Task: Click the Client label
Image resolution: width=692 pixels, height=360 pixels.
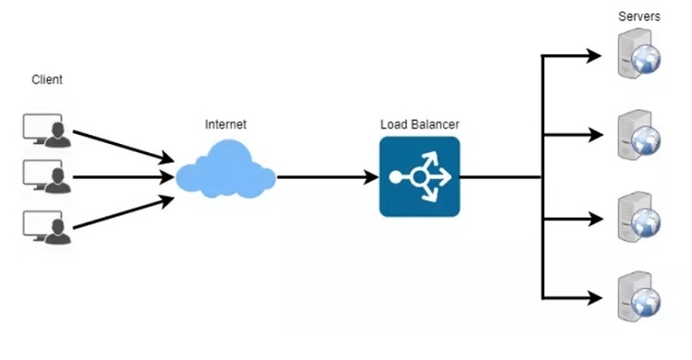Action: (47, 80)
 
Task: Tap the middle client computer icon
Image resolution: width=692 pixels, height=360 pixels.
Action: (44, 176)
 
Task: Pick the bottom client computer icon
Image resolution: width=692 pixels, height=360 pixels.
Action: (44, 224)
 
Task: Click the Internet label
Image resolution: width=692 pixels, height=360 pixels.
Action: (225, 124)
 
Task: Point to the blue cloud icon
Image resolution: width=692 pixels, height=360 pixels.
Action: (225, 174)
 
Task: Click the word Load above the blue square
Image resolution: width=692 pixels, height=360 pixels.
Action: (394, 124)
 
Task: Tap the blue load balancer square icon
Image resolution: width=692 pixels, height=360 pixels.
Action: (420, 176)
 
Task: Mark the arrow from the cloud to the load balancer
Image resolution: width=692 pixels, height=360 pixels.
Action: (328, 176)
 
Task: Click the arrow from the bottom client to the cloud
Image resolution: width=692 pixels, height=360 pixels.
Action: (120, 207)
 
